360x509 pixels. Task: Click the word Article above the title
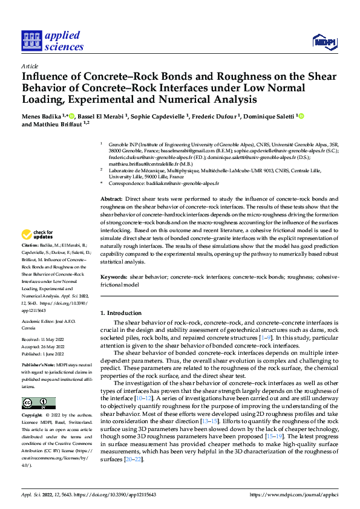click(29, 66)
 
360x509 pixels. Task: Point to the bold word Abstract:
click(110, 199)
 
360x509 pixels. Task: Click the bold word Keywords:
click(114, 277)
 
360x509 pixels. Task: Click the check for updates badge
click(38, 233)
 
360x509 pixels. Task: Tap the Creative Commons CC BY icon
click(38, 403)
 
